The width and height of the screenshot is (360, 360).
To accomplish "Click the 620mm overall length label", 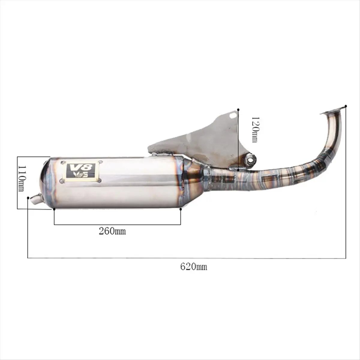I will [x=193, y=266].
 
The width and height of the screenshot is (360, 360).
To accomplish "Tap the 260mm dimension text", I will [x=112, y=231].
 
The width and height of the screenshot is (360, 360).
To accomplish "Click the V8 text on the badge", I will [x=80, y=167].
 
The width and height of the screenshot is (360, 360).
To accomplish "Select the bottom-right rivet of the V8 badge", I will [x=100, y=180].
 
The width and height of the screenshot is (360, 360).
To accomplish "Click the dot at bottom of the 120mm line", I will [x=238, y=170].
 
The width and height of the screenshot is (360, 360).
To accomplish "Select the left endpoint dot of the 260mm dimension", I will [x=54, y=209].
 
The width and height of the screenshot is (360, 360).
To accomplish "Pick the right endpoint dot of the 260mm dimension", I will [x=181, y=209].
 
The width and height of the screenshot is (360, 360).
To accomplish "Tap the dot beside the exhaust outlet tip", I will [x=28, y=198].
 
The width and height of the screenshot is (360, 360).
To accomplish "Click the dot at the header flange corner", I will [x=346, y=106].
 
